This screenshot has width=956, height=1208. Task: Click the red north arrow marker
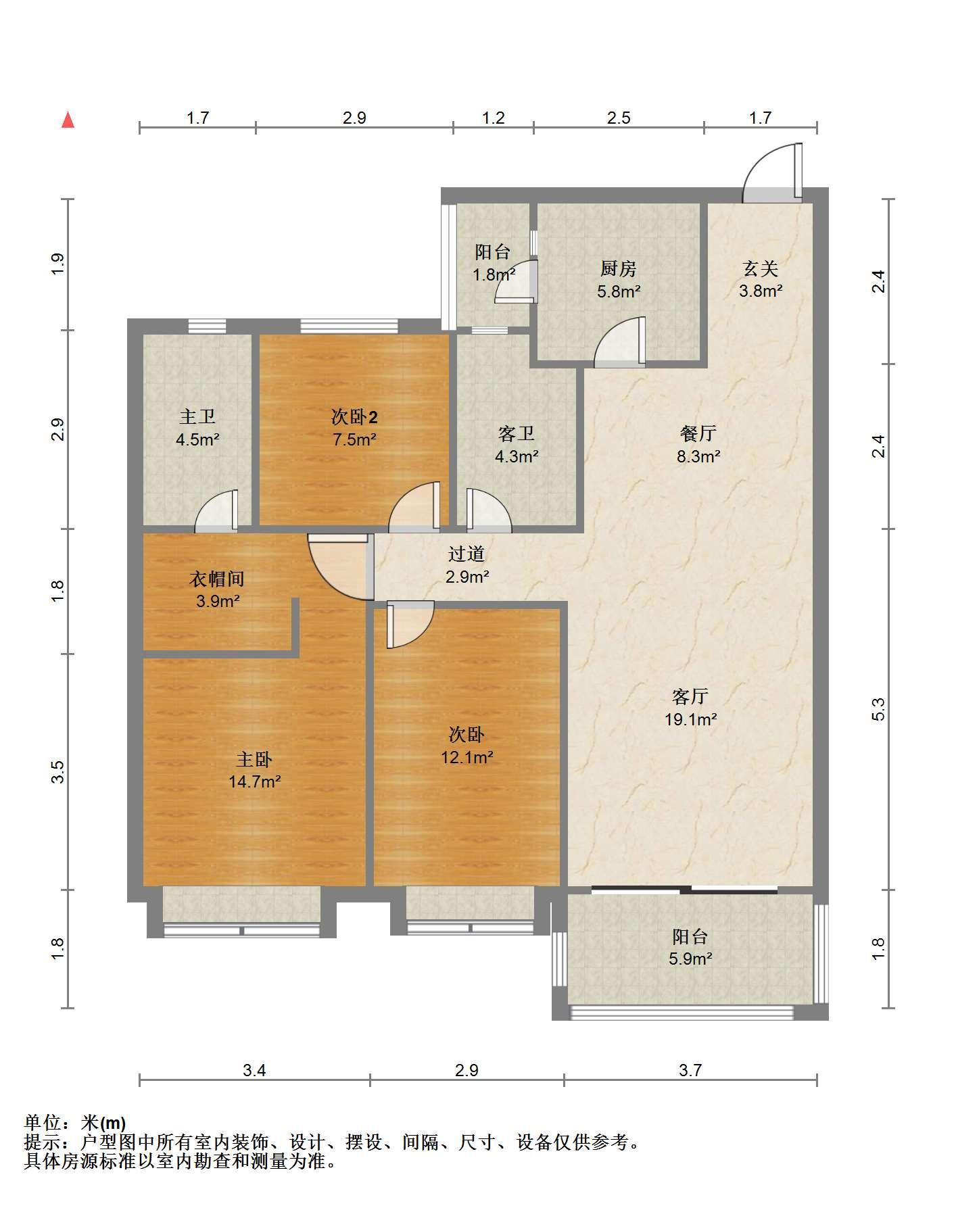(x=68, y=120)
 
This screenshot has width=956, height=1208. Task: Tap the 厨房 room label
(x=618, y=269)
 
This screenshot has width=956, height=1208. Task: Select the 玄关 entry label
(x=761, y=269)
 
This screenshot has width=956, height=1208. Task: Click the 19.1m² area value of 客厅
(x=690, y=719)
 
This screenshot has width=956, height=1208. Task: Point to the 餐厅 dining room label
(x=698, y=433)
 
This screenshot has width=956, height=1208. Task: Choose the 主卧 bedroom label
(x=254, y=760)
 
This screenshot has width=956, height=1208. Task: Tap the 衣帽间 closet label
(x=216, y=579)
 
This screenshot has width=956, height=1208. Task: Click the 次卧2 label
(x=354, y=416)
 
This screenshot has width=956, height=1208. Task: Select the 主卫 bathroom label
(x=197, y=417)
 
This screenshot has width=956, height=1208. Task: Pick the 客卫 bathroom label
(x=517, y=433)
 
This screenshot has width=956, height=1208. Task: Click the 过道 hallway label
(x=467, y=554)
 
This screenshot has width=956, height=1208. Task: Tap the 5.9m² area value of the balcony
(x=690, y=959)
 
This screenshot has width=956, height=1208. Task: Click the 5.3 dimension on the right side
(x=878, y=708)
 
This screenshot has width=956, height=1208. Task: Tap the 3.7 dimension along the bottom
(x=690, y=1070)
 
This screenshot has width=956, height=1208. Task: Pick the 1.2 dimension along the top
(x=494, y=118)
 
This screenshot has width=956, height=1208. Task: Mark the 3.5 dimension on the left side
(x=58, y=771)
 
